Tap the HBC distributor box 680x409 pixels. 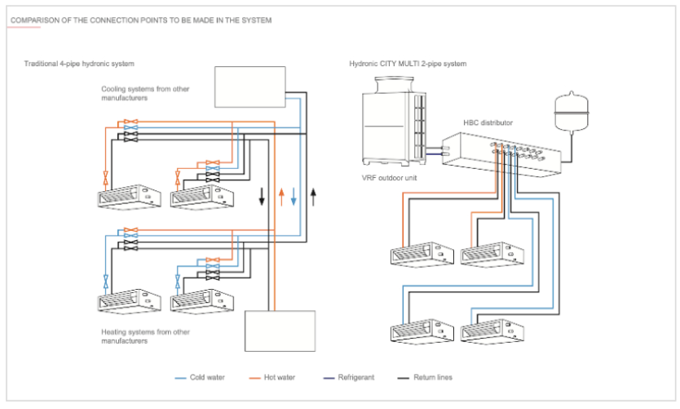[x=501, y=155]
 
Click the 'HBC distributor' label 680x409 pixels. [x=488, y=122]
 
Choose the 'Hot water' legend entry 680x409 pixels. [x=278, y=377]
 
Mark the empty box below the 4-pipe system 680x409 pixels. [x=280, y=330]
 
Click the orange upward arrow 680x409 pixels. [x=280, y=197]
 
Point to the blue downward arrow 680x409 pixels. [x=294, y=197]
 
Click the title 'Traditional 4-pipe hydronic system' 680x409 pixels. [x=79, y=63]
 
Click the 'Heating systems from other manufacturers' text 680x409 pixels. [x=146, y=336]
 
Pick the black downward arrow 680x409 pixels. [x=262, y=197]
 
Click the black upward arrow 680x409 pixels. [x=313, y=197]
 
